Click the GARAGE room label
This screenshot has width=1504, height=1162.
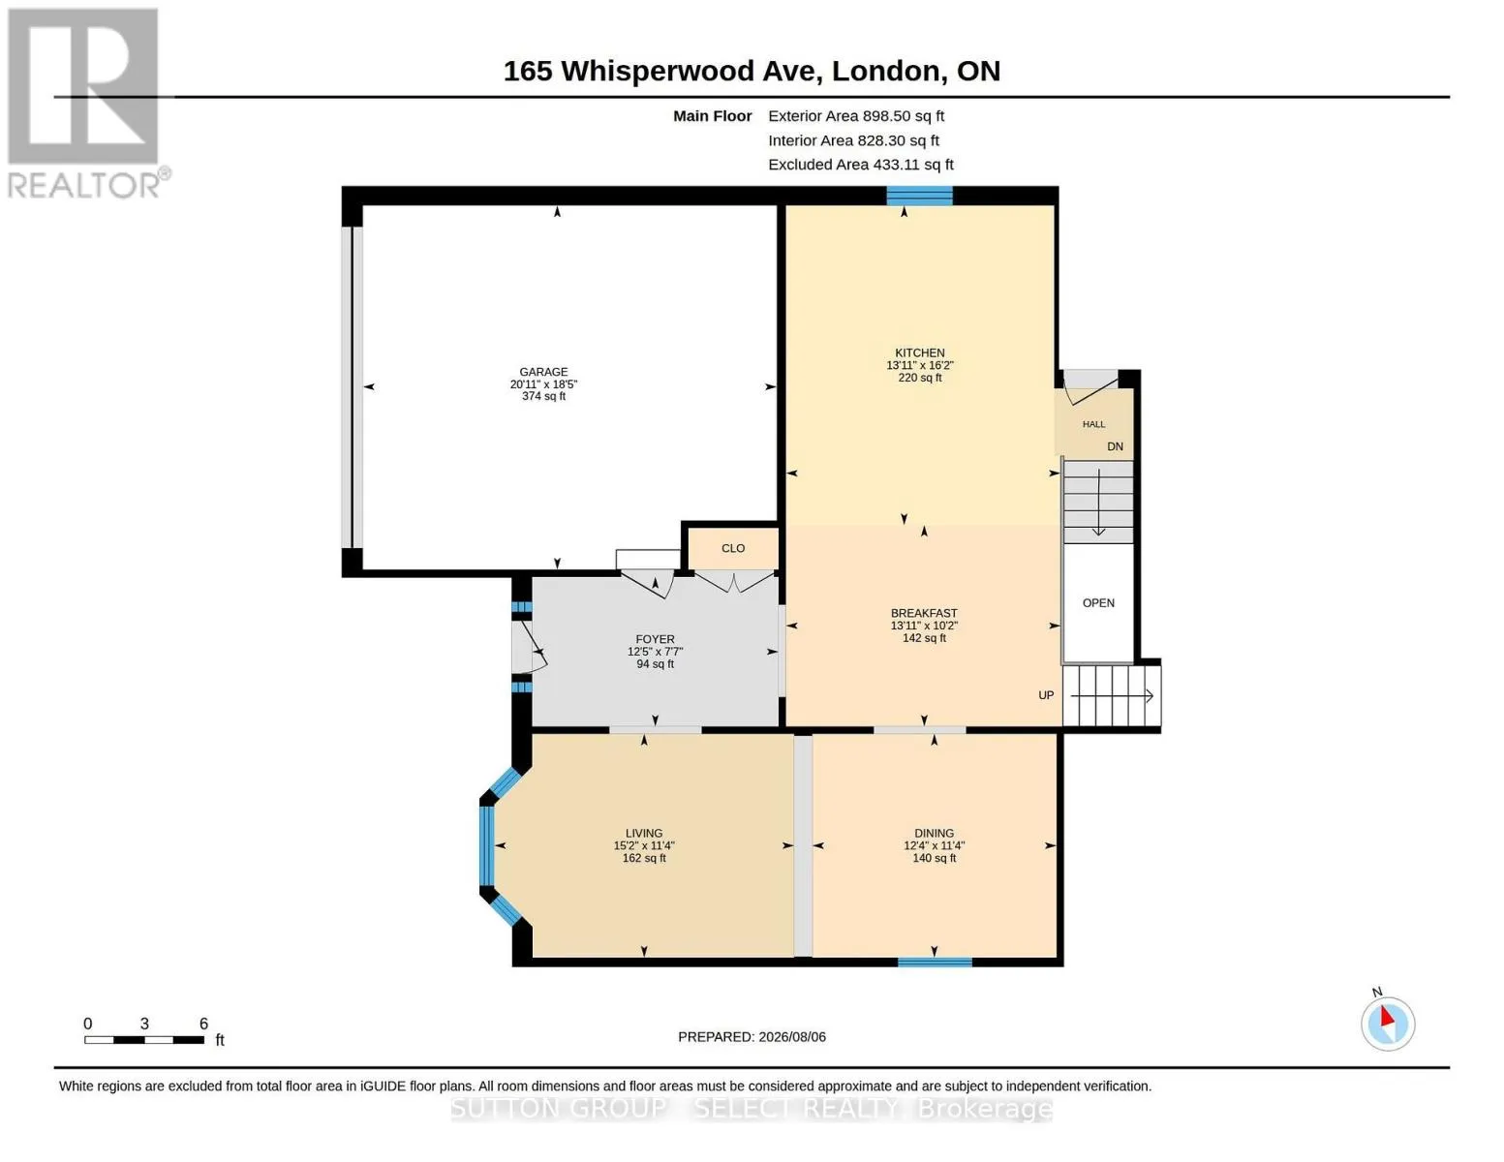click(543, 372)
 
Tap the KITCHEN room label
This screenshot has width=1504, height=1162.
click(919, 352)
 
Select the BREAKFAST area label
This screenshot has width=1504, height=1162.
click(923, 613)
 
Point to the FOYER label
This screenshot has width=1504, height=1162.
click(655, 639)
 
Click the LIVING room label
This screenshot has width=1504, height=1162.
click(644, 833)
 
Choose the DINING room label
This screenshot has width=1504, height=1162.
click(934, 833)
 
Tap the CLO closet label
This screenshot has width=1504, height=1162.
click(733, 548)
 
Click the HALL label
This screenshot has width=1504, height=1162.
click(1093, 424)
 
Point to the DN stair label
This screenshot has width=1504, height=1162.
click(1115, 446)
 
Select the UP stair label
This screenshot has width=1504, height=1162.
click(1046, 695)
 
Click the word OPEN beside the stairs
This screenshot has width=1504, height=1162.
click(1098, 603)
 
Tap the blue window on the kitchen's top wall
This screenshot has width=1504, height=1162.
click(919, 196)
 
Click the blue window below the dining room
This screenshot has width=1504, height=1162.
click(935, 962)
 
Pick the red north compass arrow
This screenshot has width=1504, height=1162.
click(1387, 1016)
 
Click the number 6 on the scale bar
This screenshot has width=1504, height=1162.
click(203, 1023)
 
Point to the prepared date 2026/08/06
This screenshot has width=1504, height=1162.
click(792, 1037)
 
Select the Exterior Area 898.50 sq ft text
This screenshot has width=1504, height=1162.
click(856, 116)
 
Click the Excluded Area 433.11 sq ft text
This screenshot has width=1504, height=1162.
click(861, 165)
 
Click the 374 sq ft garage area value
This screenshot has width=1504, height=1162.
click(543, 397)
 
